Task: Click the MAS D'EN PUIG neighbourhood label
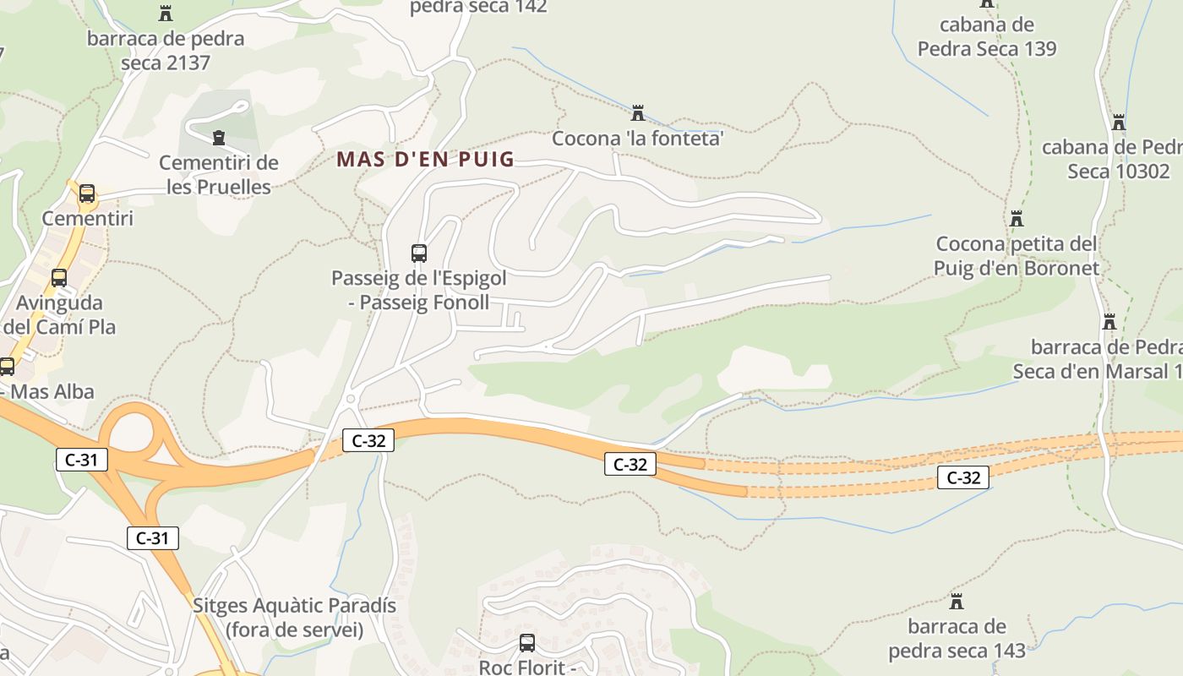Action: point(425,159)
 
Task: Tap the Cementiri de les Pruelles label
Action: point(219,175)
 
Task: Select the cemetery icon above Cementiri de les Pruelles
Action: point(219,137)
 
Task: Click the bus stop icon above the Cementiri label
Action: point(87,194)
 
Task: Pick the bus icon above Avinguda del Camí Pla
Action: point(59,277)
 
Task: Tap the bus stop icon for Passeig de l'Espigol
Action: point(418,253)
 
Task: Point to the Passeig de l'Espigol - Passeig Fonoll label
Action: point(418,290)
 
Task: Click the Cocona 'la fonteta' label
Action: point(638,139)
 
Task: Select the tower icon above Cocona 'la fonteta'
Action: point(638,112)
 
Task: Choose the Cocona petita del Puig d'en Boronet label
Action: point(1017,256)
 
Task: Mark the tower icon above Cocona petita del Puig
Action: point(1017,219)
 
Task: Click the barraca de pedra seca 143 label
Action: point(957,639)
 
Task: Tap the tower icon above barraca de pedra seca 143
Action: point(957,602)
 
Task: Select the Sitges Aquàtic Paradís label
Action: point(294,618)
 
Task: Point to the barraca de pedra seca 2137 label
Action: point(166,51)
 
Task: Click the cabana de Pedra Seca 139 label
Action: point(987,36)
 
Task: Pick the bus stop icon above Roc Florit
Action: point(527,642)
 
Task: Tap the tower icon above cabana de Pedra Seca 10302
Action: point(1119,123)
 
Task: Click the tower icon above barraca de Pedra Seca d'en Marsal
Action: point(1109,322)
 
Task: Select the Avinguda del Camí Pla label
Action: point(59,314)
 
